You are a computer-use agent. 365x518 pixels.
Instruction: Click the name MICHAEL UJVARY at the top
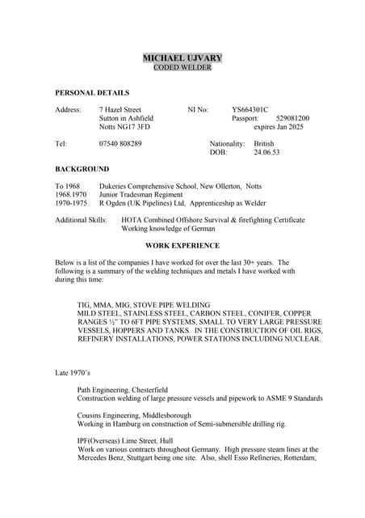tap(182, 58)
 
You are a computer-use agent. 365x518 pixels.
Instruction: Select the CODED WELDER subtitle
tap(182, 68)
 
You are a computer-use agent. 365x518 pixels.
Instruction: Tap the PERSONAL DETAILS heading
tap(92, 93)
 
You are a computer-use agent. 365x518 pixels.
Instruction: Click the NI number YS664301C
tap(250, 109)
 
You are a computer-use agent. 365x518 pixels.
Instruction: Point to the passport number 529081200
tap(292, 118)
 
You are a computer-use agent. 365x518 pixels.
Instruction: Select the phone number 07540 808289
tap(120, 143)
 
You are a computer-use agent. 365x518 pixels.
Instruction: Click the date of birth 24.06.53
tap(266, 152)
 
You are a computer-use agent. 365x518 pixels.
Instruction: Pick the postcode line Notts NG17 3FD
tap(124, 127)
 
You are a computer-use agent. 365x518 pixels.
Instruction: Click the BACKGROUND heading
tap(82, 169)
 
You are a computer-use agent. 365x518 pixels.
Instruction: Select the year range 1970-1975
tap(71, 203)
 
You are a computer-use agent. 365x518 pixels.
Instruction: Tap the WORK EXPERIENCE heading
tap(182, 245)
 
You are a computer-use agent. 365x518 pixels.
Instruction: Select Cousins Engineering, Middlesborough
tap(134, 415)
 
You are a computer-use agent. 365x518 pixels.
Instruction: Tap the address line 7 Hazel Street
tap(120, 109)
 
